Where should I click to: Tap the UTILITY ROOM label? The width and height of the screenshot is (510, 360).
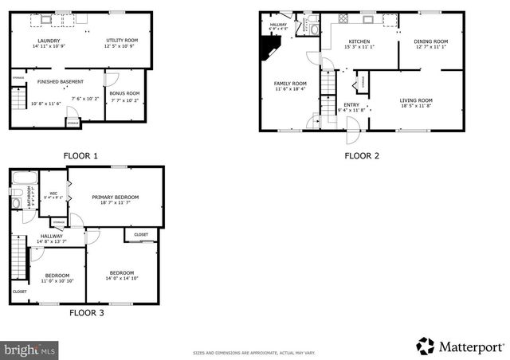(122, 41)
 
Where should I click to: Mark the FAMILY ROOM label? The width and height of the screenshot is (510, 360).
(291, 84)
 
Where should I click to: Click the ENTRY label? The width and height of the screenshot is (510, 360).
(351, 104)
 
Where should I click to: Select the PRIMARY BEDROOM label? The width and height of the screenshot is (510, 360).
(115, 197)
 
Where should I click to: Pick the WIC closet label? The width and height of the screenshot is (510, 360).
(53, 194)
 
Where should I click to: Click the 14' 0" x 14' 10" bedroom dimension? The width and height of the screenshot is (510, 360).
(122, 278)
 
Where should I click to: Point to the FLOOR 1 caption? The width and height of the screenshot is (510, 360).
(80, 155)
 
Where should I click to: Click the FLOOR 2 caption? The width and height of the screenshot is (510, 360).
(361, 155)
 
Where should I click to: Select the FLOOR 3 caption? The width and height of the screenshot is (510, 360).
(86, 313)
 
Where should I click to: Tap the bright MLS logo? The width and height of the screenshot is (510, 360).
(30, 349)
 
